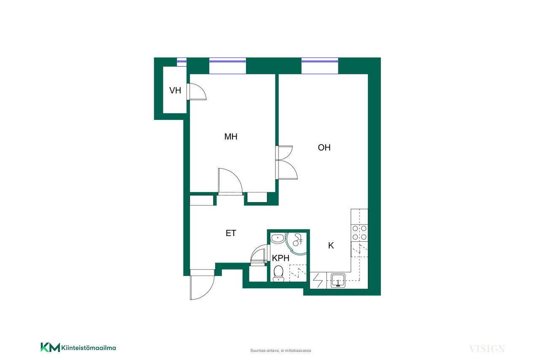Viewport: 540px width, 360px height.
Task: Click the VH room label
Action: [x=175, y=90]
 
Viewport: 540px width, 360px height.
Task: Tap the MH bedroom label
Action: [x=231, y=137]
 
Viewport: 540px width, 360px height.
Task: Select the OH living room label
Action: [x=324, y=147]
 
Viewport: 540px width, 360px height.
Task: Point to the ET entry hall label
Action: [x=231, y=233]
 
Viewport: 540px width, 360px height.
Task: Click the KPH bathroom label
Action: [x=281, y=258]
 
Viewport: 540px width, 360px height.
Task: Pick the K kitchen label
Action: [x=331, y=246]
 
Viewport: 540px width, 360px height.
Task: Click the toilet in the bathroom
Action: [x=278, y=273]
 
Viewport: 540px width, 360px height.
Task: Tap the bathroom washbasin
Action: [x=278, y=238]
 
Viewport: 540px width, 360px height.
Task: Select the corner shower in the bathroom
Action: [x=296, y=243]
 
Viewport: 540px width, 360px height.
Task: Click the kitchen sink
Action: [x=338, y=280]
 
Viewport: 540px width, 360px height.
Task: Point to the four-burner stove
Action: [x=359, y=233]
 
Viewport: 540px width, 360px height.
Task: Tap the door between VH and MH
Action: [x=197, y=92]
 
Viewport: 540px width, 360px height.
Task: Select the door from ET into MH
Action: [x=230, y=181]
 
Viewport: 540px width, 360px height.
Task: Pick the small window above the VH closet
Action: [x=181, y=62]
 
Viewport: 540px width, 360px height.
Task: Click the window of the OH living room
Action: [x=320, y=65]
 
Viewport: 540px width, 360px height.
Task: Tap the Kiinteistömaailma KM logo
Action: [x=78, y=347]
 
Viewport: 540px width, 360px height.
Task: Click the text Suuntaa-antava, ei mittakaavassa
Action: [x=281, y=351]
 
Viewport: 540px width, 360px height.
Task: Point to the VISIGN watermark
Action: [x=487, y=349]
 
